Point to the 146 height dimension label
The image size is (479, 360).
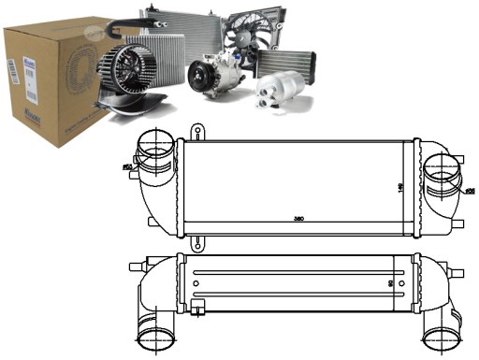tap(399, 187)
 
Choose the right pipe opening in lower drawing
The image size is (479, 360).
tap(439, 336)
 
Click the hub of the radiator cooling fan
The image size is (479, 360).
tap(246, 42)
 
